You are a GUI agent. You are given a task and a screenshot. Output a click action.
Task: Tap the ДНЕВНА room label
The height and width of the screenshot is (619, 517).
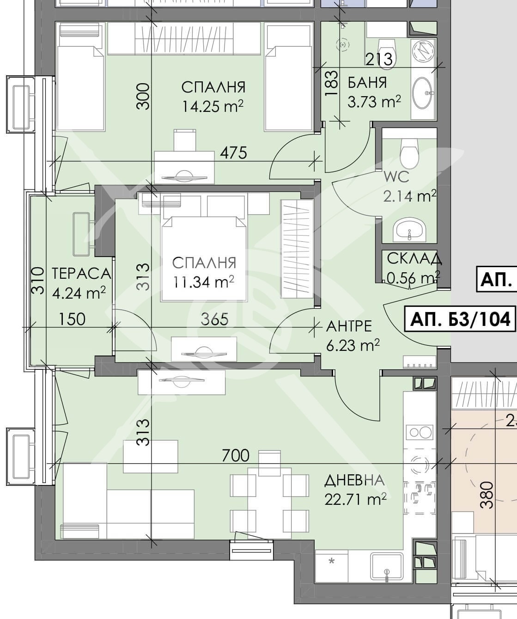[354, 480]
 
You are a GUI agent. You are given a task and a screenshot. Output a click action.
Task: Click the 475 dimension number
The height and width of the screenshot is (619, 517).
[233, 152]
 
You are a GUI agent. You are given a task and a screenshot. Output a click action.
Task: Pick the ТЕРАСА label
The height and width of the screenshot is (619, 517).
[82, 274]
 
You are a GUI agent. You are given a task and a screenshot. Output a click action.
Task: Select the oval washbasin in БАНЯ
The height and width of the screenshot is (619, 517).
[422, 93]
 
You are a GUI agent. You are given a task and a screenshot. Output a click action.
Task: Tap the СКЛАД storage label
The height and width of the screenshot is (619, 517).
[414, 259]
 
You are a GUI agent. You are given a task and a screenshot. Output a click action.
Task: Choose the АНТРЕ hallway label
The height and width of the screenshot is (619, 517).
[349, 326]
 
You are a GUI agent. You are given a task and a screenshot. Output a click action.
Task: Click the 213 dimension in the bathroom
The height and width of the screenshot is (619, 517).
[379, 59]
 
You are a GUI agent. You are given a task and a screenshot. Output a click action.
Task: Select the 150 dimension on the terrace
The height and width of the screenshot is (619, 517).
[73, 319]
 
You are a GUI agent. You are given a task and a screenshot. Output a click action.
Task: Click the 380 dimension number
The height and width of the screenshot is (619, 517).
[487, 495]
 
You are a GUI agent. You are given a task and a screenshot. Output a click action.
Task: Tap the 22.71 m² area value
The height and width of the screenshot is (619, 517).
[355, 500]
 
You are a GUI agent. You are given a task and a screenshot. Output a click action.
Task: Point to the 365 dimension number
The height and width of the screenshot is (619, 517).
[215, 319]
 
